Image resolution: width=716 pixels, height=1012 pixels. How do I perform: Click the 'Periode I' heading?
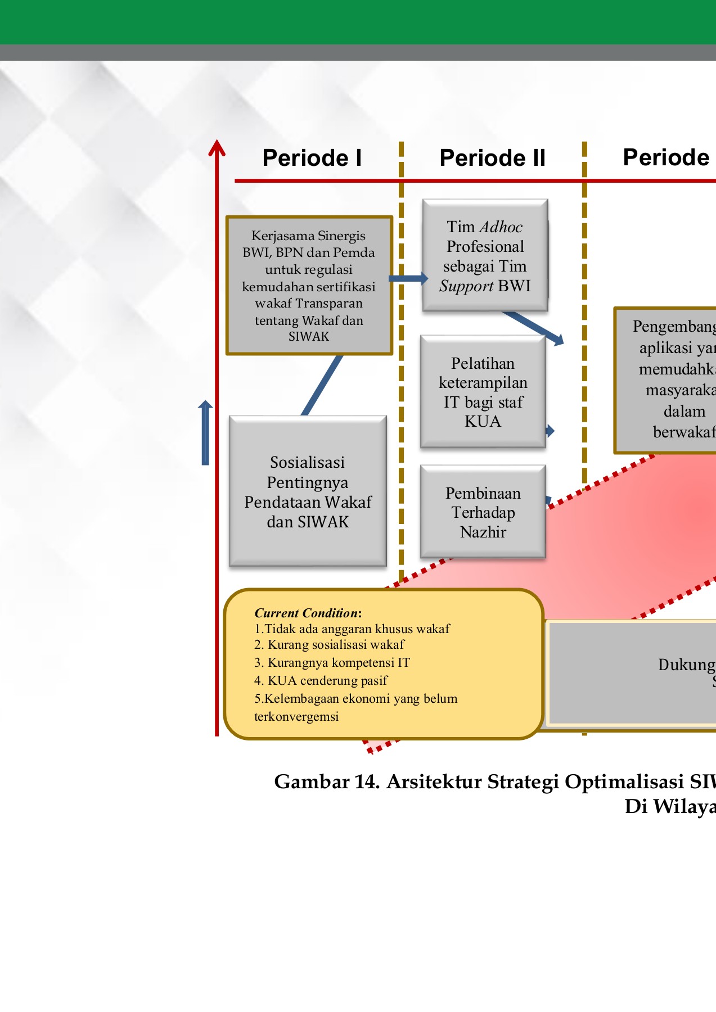312,158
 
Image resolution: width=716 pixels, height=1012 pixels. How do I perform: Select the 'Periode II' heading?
492,158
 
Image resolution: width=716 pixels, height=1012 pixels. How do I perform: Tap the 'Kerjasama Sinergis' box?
309,286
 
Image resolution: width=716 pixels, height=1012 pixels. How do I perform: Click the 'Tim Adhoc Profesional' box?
485,256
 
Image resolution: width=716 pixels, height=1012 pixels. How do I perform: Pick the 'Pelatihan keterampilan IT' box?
483,392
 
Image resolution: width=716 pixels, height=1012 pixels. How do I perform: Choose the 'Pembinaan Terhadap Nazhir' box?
483,512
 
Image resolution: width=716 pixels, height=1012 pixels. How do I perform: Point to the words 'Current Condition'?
307,613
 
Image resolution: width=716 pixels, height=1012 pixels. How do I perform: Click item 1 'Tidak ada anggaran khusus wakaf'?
352,629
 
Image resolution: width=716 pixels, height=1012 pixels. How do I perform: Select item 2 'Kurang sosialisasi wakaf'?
330,644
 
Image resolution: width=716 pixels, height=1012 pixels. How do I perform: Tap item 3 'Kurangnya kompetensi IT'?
332,662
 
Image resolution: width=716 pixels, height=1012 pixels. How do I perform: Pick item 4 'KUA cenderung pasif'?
321,680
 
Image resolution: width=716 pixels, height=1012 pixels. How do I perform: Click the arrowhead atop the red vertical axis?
217,147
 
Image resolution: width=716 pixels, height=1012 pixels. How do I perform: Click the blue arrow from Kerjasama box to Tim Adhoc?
408,278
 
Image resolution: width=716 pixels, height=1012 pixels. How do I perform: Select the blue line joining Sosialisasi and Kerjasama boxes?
322,385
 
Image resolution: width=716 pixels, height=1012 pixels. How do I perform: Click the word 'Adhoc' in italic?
501,227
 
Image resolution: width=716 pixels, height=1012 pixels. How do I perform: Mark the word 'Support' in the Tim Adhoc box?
466,286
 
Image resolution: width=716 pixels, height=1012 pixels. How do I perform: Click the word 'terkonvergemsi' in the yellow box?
296,716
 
